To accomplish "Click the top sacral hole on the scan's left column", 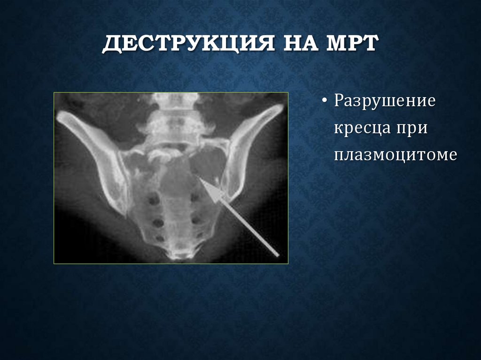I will click(x=153, y=201).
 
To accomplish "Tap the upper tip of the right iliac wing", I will click(x=280, y=107).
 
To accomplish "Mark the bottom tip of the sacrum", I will click(x=179, y=256).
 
